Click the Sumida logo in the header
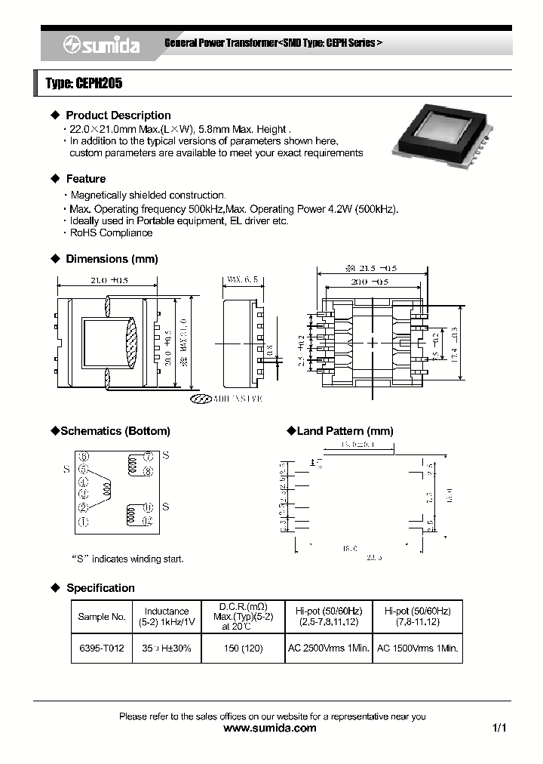101,45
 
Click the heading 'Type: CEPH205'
84,84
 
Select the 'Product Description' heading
118,116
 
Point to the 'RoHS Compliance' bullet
111,233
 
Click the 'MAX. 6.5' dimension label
241,280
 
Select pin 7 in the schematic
149,457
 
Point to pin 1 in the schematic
83,522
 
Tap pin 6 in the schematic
83,457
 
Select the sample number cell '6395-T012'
101,648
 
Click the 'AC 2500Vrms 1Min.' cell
329,648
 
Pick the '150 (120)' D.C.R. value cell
242,648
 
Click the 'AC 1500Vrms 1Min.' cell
418,648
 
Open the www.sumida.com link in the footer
271,729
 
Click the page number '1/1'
499,729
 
